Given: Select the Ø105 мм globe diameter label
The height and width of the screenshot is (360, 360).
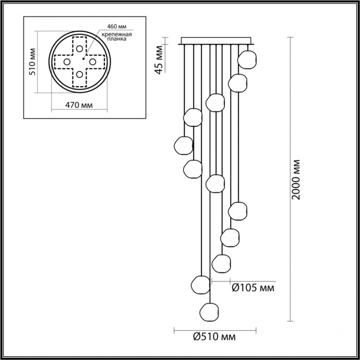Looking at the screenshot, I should pyautogui.click(x=253, y=287).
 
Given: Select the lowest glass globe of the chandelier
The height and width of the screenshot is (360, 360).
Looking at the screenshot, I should pyautogui.click(x=209, y=311).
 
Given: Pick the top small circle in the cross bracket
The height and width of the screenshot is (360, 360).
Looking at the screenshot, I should pyautogui.click(x=79, y=49).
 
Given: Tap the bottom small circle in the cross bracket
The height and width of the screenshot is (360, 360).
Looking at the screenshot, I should pyautogui.click(x=79, y=75).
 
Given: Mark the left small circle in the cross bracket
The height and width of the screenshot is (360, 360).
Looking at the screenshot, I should pyautogui.click(x=66, y=62).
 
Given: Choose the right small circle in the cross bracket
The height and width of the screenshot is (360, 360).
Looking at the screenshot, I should pyautogui.click(x=92, y=62).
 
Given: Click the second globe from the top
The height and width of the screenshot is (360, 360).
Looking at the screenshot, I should pyautogui.click(x=237, y=82).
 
